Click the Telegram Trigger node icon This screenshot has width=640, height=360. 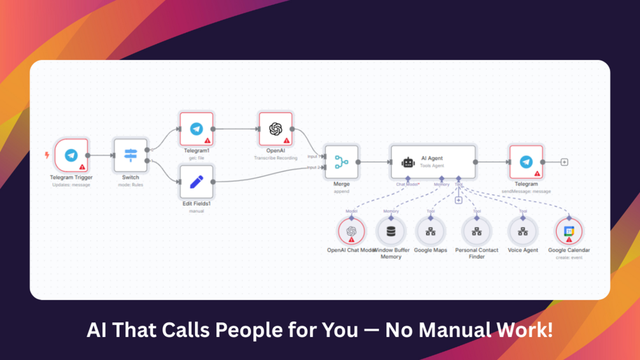pyautogui.click(x=71, y=155)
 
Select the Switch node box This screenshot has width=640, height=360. pyautogui.click(x=131, y=155)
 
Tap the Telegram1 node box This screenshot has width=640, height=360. pyautogui.click(x=196, y=129)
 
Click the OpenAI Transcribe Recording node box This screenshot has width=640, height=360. pyautogui.click(x=275, y=129)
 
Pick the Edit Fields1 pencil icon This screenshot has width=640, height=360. pyautogui.click(x=196, y=182)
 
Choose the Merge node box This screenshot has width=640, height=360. pyautogui.click(x=341, y=162)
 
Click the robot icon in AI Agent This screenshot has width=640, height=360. pyautogui.click(x=408, y=162)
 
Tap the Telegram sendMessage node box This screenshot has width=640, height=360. pyautogui.click(x=526, y=162)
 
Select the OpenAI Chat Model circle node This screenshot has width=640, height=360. pyautogui.click(x=351, y=231)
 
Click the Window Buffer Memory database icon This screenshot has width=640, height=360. pyautogui.click(x=391, y=231)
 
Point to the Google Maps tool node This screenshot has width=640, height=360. pyautogui.click(x=430, y=231)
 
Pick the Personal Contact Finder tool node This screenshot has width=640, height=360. pyautogui.click(x=476, y=231)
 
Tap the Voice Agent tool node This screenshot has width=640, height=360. pyautogui.click(x=523, y=231)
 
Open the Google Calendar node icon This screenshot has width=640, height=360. pyautogui.click(x=569, y=231)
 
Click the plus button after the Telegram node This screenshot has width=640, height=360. pyautogui.click(x=564, y=162)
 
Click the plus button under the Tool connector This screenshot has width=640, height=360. pyautogui.click(x=459, y=200)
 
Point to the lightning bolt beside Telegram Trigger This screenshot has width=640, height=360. pyautogui.click(x=46, y=155)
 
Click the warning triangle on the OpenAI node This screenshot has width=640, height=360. pyautogui.click(x=287, y=140)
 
